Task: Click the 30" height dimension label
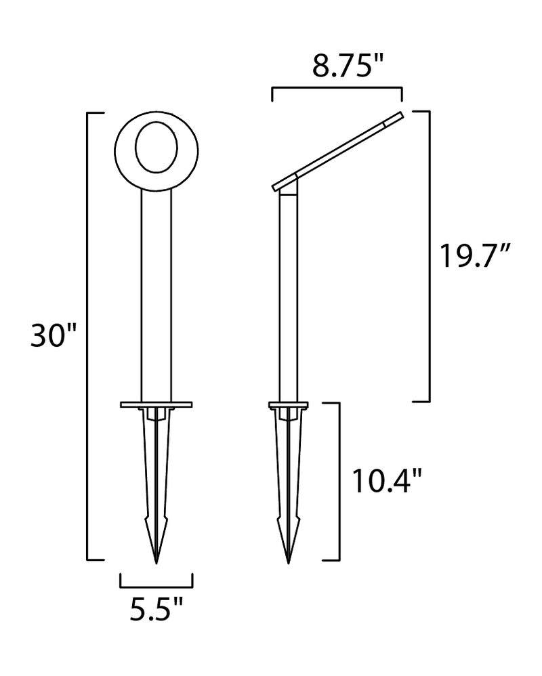[53, 335]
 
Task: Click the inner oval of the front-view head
[156, 148]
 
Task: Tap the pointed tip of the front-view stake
[156, 562]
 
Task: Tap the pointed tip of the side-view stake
[289, 562]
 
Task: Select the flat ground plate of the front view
[156, 404]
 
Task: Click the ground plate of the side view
[289, 404]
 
